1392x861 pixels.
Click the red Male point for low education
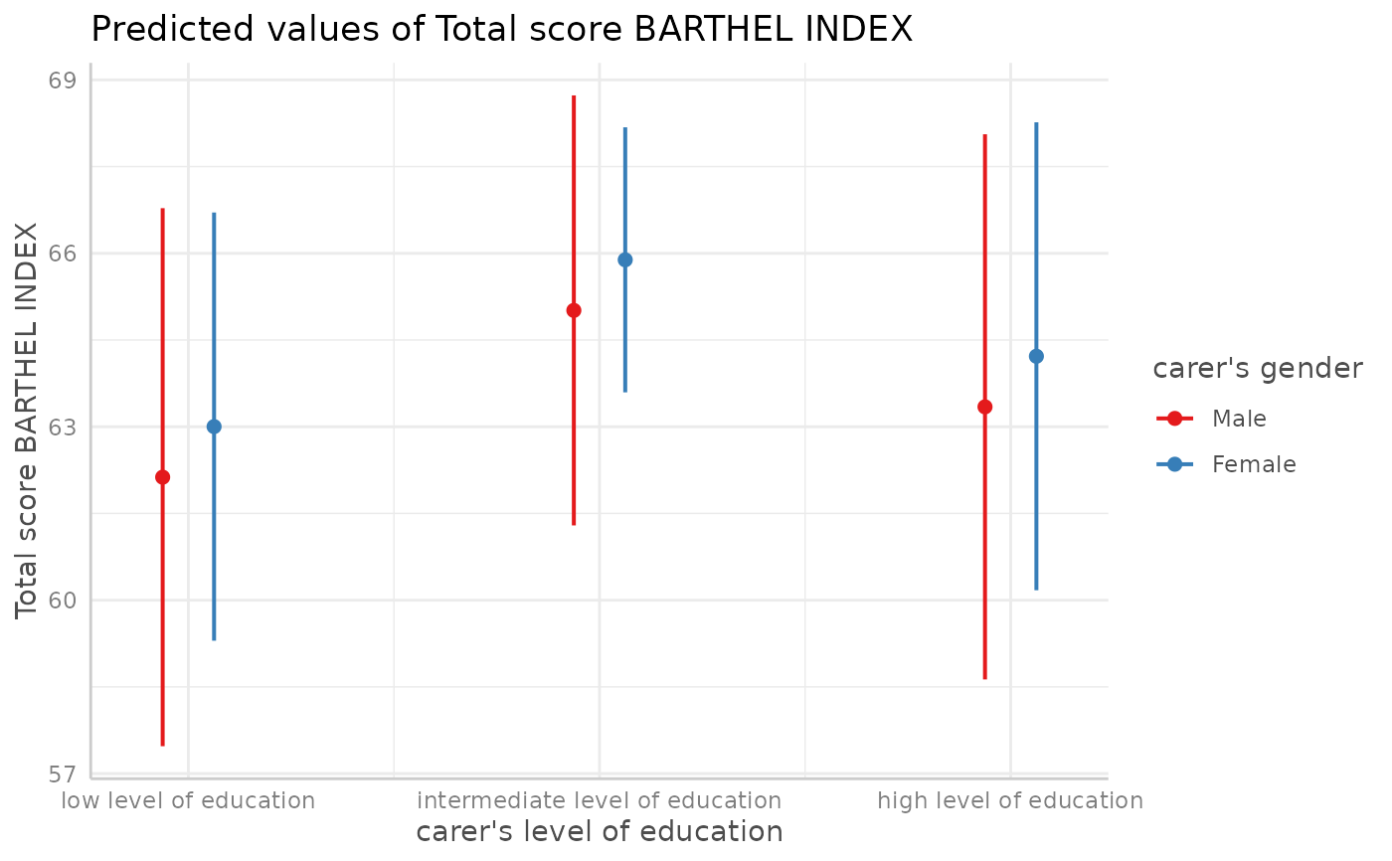tap(163, 477)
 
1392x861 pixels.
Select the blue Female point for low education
tap(214, 427)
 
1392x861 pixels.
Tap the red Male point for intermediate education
tap(574, 310)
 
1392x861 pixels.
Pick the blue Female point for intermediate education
tap(625, 260)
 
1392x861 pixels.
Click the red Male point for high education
tap(985, 407)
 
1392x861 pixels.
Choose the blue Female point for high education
tap(1036, 356)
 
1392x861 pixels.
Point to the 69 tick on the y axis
tap(62, 81)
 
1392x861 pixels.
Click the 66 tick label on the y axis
tap(62, 255)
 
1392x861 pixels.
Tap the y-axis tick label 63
tap(62, 428)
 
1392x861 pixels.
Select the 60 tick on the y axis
tap(62, 602)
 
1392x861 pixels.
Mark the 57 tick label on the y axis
tap(62, 775)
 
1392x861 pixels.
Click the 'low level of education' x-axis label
tap(188, 800)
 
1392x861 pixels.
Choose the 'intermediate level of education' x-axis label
tap(599, 800)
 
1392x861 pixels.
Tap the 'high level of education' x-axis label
tap(1010, 800)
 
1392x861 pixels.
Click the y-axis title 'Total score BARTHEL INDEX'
tap(27, 420)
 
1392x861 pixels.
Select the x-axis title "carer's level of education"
tap(599, 832)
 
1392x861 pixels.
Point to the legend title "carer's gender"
tap(1257, 369)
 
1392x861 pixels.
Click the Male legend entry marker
tap(1175, 419)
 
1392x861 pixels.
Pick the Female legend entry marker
tap(1175, 464)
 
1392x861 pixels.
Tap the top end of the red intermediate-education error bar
tap(574, 96)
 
